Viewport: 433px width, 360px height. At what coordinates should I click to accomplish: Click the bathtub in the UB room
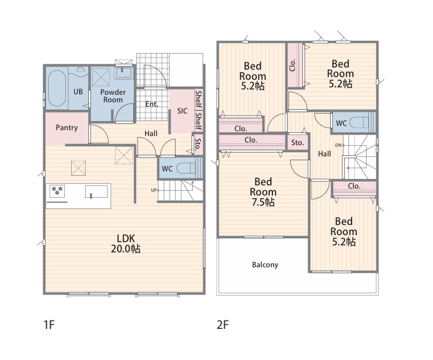tap(57, 88)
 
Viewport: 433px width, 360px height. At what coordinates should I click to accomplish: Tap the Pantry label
tap(66, 127)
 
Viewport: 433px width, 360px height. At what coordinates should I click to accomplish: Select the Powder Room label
tap(113, 96)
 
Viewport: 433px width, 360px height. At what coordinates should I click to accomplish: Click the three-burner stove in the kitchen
tap(57, 191)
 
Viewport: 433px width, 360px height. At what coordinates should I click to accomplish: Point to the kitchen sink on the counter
tap(96, 192)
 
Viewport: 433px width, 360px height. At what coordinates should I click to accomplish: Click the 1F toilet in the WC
tap(186, 168)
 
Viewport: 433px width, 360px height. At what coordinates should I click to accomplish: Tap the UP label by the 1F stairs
tap(154, 190)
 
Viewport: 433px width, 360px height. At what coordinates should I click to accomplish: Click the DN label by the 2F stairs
tap(338, 145)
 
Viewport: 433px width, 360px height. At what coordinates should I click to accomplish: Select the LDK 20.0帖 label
tap(126, 244)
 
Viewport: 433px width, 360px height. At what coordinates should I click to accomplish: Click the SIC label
tap(183, 111)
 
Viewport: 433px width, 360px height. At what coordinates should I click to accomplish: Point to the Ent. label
tap(152, 104)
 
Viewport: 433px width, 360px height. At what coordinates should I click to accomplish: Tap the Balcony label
tap(265, 265)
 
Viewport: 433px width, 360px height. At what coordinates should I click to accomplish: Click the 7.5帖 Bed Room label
tap(263, 192)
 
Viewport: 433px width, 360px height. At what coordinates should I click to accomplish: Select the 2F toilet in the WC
tap(359, 122)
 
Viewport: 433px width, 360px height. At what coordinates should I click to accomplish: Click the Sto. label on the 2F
tap(298, 142)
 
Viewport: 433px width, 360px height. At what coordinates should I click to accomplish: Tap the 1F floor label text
tap(49, 325)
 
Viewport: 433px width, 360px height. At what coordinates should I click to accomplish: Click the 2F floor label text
tap(223, 325)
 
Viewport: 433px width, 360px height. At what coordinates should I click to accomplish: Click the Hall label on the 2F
tap(324, 154)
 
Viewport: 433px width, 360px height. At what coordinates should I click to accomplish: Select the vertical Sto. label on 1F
tap(197, 144)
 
